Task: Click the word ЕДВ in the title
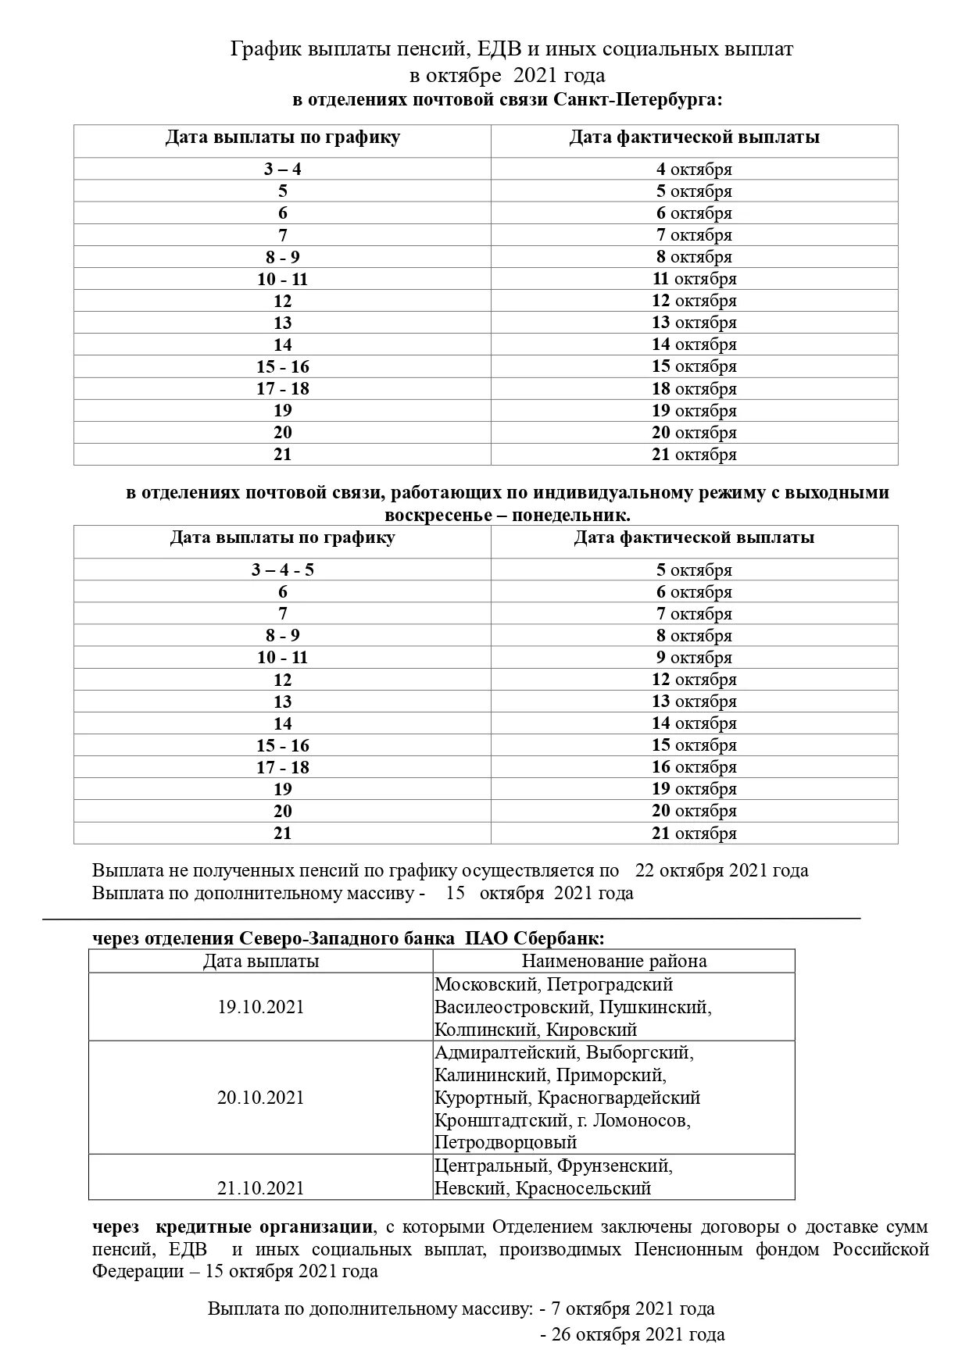499,50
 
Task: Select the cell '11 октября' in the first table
694,279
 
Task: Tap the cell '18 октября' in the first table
694,389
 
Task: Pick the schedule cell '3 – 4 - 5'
282,570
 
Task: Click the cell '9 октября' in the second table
694,658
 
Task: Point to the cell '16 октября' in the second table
694,767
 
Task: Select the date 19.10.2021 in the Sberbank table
260,1007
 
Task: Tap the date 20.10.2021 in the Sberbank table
260,1098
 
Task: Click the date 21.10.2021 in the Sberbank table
260,1188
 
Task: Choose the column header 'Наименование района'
614,962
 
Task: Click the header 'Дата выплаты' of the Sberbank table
260,962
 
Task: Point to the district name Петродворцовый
506,1142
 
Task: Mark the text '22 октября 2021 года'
722,870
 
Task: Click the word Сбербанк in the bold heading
563,938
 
